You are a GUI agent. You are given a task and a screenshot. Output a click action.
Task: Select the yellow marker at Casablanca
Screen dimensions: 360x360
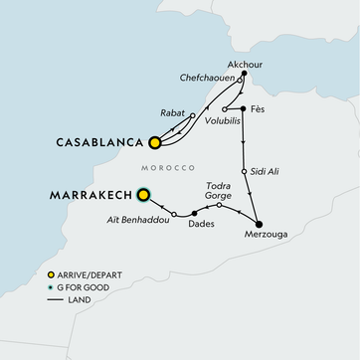tap(154, 142)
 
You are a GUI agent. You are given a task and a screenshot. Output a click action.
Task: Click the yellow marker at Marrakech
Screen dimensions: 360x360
tap(145, 195)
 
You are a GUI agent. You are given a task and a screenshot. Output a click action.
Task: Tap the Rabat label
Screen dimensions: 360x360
tap(172, 113)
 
